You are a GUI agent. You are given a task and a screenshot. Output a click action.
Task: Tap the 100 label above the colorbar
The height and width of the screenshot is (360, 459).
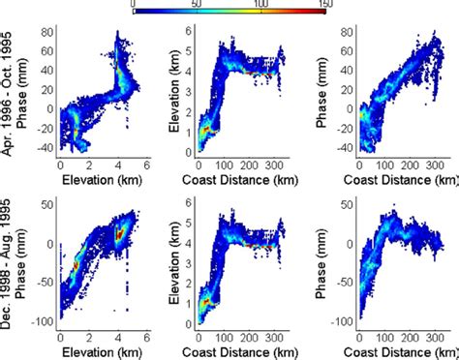click(x=260, y=4)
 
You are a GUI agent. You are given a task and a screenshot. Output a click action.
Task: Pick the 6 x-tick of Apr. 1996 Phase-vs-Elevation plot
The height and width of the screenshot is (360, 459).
click(x=144, y=165)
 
